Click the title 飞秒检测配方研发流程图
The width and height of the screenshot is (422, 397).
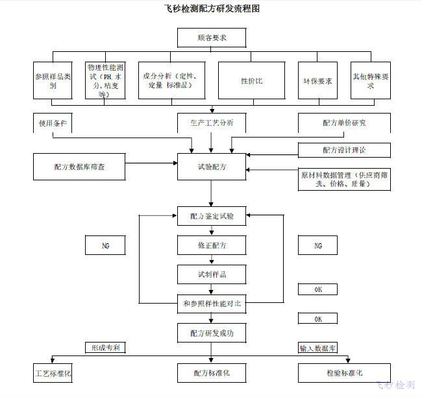click(x=212, y=10)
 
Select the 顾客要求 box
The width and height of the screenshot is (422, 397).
click(x=212, y=38)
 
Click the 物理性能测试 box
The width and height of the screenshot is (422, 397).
click(x=105, y=80)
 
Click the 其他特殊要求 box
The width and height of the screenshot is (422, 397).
click(x=371, y=80)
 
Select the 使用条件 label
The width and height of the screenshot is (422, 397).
click(x=53, y=123)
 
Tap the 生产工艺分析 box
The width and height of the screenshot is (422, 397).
click(x=212, y=123)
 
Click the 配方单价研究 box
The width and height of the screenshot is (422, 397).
click(x=344, y=123)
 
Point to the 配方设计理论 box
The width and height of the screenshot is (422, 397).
click(x=344, y=150)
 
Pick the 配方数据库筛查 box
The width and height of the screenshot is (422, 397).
click(x=79, y=167)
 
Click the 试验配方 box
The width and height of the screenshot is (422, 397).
click(x=212, y=167)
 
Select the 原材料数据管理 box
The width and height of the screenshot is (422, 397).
click(x=344, y=179)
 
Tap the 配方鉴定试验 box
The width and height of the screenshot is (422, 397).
click(x=212, y=215)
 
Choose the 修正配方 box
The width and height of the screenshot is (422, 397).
click(x=212, y=245)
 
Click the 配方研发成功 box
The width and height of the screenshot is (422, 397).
click(x=212, y=333)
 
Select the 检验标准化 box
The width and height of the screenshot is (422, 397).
click(x=344, y=373)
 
